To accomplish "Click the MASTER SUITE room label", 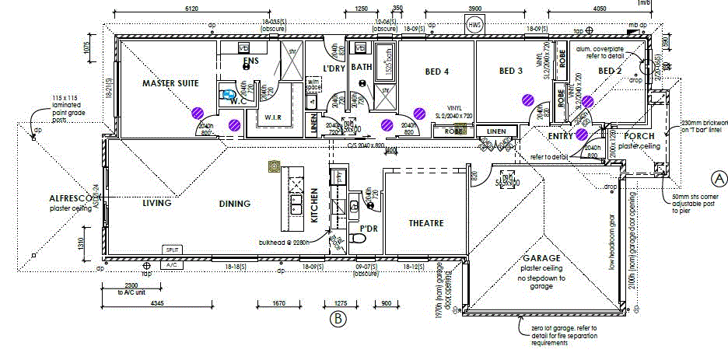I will coord(171,82).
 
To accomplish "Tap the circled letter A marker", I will coord(719,178).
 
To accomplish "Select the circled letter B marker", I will coord(337,317).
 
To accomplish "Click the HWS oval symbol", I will coord(474,25).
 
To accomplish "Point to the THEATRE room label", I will coord(426,223).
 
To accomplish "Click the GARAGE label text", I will coord(542,258).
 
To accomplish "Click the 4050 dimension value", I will coord(599,9).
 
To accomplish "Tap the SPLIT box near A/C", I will coord(172,249).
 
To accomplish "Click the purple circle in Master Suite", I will coord(199,111).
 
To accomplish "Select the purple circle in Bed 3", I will coord(529,99).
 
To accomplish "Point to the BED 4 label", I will coord(437,72).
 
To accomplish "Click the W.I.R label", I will coord(272,117).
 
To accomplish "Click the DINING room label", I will coord(235,204).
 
